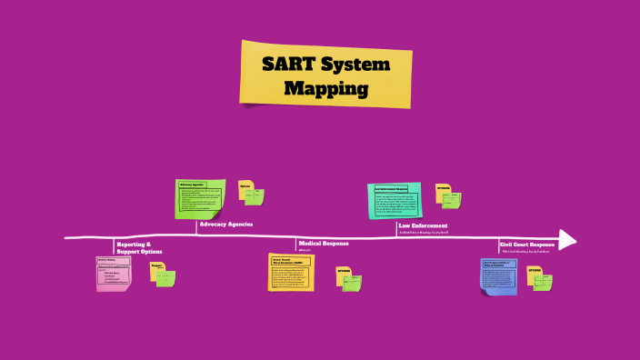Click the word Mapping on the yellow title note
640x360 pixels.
tap(325, 89)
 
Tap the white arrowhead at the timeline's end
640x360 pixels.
tap(567, 239)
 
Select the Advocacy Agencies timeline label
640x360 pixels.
tap(225, 224)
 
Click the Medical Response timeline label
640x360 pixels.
tap(323, 243)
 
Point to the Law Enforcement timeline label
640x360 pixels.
tap(423, 225)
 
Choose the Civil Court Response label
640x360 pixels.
tap(527, 244)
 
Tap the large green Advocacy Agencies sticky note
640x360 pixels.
tap(200, 198)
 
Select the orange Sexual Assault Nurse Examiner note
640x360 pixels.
tap(291, 272)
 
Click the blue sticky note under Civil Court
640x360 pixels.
tap(498, 275)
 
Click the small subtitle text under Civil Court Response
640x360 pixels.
tap(525, 252)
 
